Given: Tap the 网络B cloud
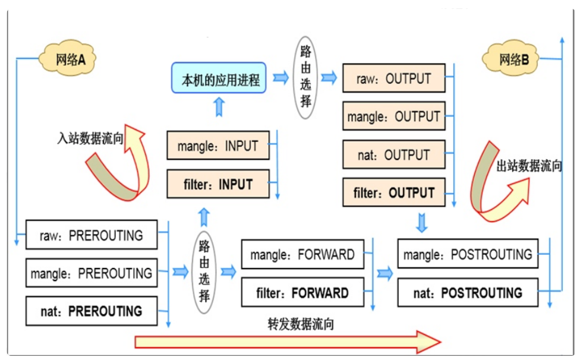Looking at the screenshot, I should click(x=511, y=59).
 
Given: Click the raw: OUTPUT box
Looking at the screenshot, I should click(x=393, y=78).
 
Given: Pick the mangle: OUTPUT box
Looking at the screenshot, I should click(x=393, y=116).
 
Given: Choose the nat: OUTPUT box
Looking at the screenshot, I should click(x=393, y=154).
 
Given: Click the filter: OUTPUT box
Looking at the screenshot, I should click(x=393, y=192).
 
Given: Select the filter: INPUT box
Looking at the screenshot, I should click(x=218, y=184).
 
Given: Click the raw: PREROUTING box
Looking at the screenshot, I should click(x=92, y=235).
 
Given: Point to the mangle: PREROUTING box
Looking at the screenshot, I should click(x=92, y=273).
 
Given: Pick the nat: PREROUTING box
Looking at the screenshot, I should click(x=92, y=311).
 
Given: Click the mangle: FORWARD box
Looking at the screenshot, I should click(x=302, y=255).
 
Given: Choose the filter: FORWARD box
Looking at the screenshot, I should click(x=302, y=293).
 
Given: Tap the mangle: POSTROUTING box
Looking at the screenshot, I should click(x=468, y=254).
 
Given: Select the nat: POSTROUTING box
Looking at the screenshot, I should click(x=468, y=292).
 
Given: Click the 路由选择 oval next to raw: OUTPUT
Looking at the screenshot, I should click(x=305, y=78).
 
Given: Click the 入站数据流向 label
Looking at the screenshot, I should click(x=90, y=139).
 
